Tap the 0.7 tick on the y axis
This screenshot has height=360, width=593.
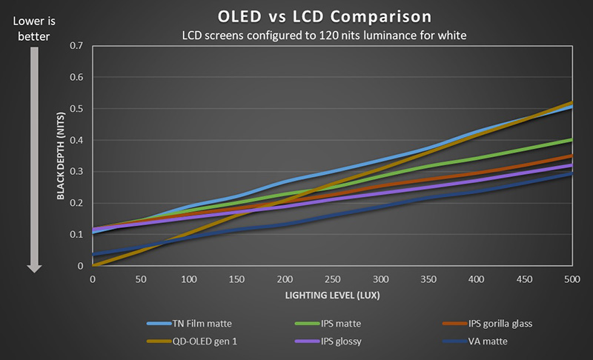77,46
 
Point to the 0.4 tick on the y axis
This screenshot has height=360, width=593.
77,140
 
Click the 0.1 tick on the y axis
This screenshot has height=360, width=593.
77,235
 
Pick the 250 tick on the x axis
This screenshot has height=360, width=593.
331,279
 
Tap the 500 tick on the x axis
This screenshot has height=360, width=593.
571,279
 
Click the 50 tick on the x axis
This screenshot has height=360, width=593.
140,279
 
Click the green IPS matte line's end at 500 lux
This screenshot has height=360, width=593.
571,139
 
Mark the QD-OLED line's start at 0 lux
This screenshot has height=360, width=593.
93,265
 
